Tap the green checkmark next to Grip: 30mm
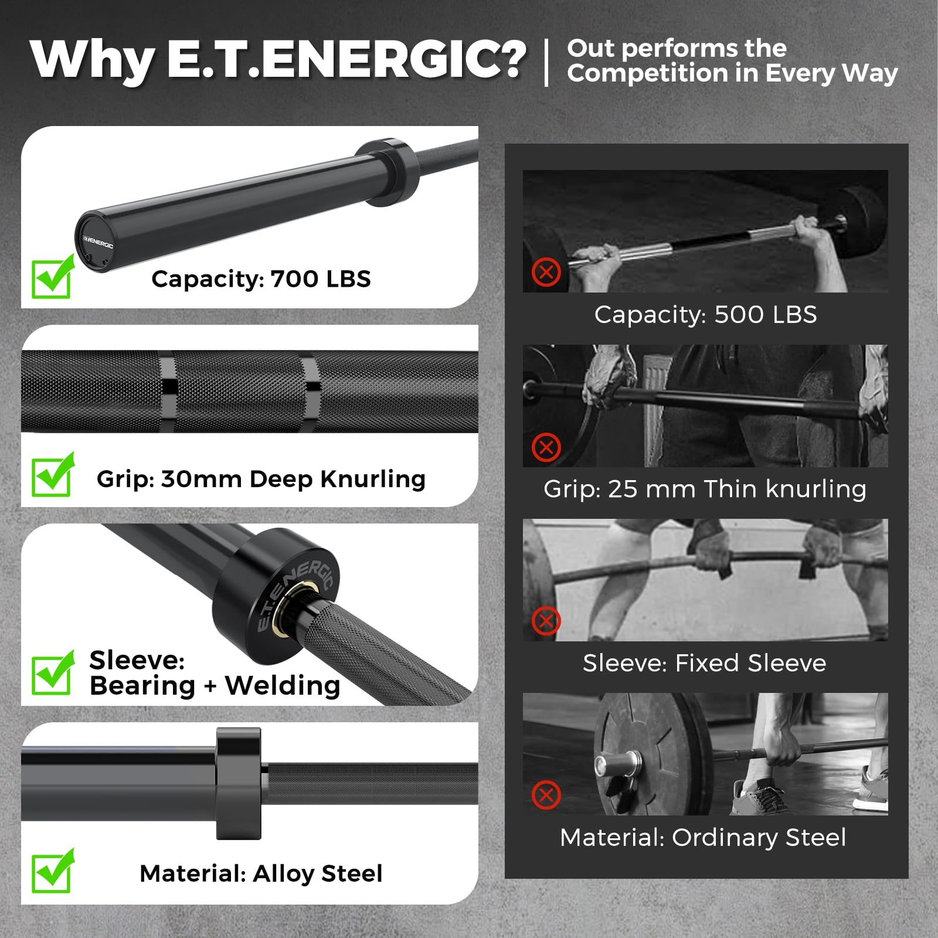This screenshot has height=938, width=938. coord(53,474)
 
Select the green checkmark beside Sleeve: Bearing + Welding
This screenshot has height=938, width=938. coord(53,672)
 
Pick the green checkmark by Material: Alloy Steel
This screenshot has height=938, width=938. coord(53,871)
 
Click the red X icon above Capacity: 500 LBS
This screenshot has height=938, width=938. coord(546,272)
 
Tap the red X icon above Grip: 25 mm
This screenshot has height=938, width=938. coord(546,447)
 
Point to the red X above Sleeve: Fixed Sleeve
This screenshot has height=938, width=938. coord(546,621)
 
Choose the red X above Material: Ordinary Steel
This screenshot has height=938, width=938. coord(546,795)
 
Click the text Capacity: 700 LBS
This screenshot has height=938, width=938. coord(261,279)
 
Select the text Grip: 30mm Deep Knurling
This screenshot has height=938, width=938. coord(261,479)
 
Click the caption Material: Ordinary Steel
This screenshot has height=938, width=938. coord(703,838)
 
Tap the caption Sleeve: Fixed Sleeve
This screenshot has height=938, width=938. coord(704,663)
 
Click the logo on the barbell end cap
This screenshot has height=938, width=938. coord(97,242)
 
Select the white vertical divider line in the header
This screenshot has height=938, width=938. coord(546,62)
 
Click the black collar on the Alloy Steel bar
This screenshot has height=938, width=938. coord(238,783)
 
